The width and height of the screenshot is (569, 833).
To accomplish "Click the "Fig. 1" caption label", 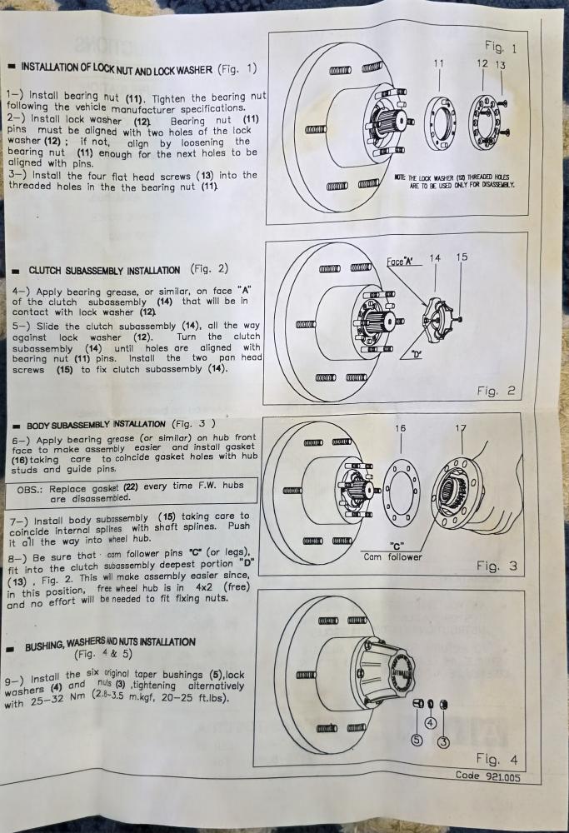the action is tap(500, 47).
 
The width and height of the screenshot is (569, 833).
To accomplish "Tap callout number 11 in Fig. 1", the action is tap(438, 64).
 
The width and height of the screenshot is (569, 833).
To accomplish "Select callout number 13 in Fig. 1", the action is tap(501, 65).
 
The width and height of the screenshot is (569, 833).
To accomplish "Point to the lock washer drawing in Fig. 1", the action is tap(484, 119).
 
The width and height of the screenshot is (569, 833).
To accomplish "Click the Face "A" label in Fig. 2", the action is tap(400, 262).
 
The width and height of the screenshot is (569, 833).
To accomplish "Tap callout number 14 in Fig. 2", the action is tap(435, 258).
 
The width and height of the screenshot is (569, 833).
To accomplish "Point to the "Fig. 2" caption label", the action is tap(496, 391).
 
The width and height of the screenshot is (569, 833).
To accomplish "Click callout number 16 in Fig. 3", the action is tap(400, 428).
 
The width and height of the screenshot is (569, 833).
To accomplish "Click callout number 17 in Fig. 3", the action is tap(461, 428).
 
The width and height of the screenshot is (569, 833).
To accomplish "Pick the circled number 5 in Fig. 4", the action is tap(417, 740).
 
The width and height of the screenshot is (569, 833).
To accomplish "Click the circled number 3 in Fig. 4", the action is tap(443, 741).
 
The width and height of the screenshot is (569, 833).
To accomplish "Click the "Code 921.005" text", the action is tap(487, 776).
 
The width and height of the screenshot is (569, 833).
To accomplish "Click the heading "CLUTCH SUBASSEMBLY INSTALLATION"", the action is tap(104, 271).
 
